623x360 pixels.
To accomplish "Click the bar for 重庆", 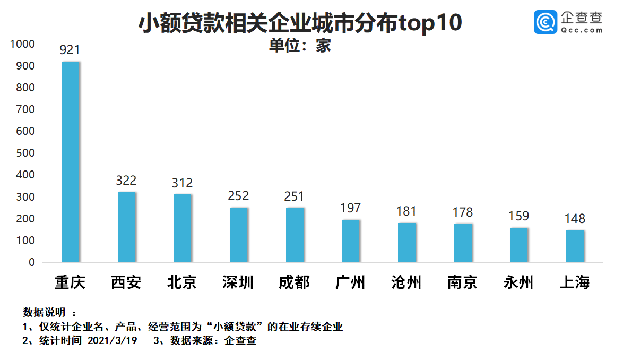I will [x=71, y=162].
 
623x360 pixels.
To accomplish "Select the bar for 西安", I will [x=127, y=227].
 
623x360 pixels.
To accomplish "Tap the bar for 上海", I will [x=575, y=246].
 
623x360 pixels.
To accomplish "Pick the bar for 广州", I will [x=351, y=241].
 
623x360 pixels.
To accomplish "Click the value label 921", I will [x=70, y=50].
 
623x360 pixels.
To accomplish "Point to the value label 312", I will [x=182, y=183].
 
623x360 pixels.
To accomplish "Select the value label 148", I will [x=575, y=219].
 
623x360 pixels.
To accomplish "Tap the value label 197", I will [x=350, y=208].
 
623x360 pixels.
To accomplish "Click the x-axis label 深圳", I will [x=238, y=282].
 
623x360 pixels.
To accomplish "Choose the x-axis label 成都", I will [x=294, y=282].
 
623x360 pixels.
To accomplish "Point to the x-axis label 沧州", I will [x=406, y=282].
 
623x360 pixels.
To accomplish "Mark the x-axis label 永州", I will [x=518, y=282].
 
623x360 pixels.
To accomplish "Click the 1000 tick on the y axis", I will [x=23, y=44].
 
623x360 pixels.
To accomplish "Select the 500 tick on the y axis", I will [x=26, y=153].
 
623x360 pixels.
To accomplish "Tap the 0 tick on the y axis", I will [x=31, y=262].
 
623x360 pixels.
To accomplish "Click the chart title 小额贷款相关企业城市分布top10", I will [x=300, y=24].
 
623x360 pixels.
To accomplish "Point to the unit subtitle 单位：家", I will [x=300, y=46].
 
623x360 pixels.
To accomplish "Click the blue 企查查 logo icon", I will [x=545, y=22].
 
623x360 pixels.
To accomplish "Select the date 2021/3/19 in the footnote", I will [x=111, y=341].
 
